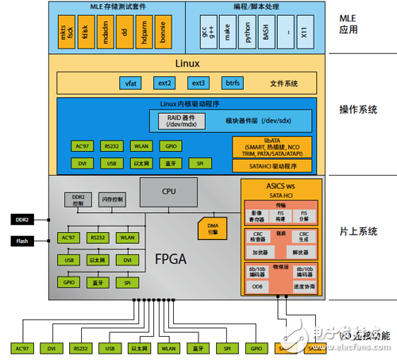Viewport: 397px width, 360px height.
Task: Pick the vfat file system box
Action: [x=130, y=83]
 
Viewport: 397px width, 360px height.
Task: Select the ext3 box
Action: [x=198, y=83]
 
